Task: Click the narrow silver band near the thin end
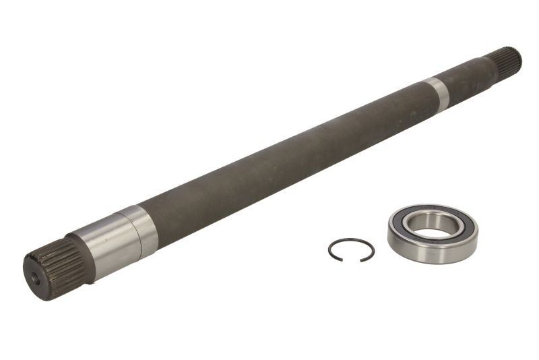tap(438, 92)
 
